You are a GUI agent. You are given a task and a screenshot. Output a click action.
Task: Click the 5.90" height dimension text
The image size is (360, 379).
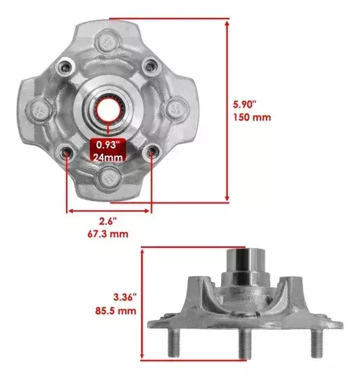(245, 105)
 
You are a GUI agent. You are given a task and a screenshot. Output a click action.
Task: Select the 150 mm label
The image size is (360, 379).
(252, 117)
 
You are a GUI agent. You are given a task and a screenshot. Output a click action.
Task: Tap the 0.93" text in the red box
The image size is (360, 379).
(108, 145)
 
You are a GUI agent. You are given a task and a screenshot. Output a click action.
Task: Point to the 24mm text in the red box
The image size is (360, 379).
(108, 158)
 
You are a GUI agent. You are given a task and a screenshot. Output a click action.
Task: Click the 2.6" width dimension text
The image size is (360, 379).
(108, 221)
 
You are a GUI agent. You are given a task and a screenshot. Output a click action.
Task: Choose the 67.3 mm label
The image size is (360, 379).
(108, 234)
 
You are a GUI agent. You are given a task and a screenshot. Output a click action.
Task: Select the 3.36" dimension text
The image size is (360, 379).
(125, 297)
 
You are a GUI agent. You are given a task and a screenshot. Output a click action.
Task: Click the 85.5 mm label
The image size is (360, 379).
(116, 311)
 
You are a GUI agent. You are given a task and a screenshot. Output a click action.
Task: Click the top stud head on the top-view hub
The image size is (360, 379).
(107, 42)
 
